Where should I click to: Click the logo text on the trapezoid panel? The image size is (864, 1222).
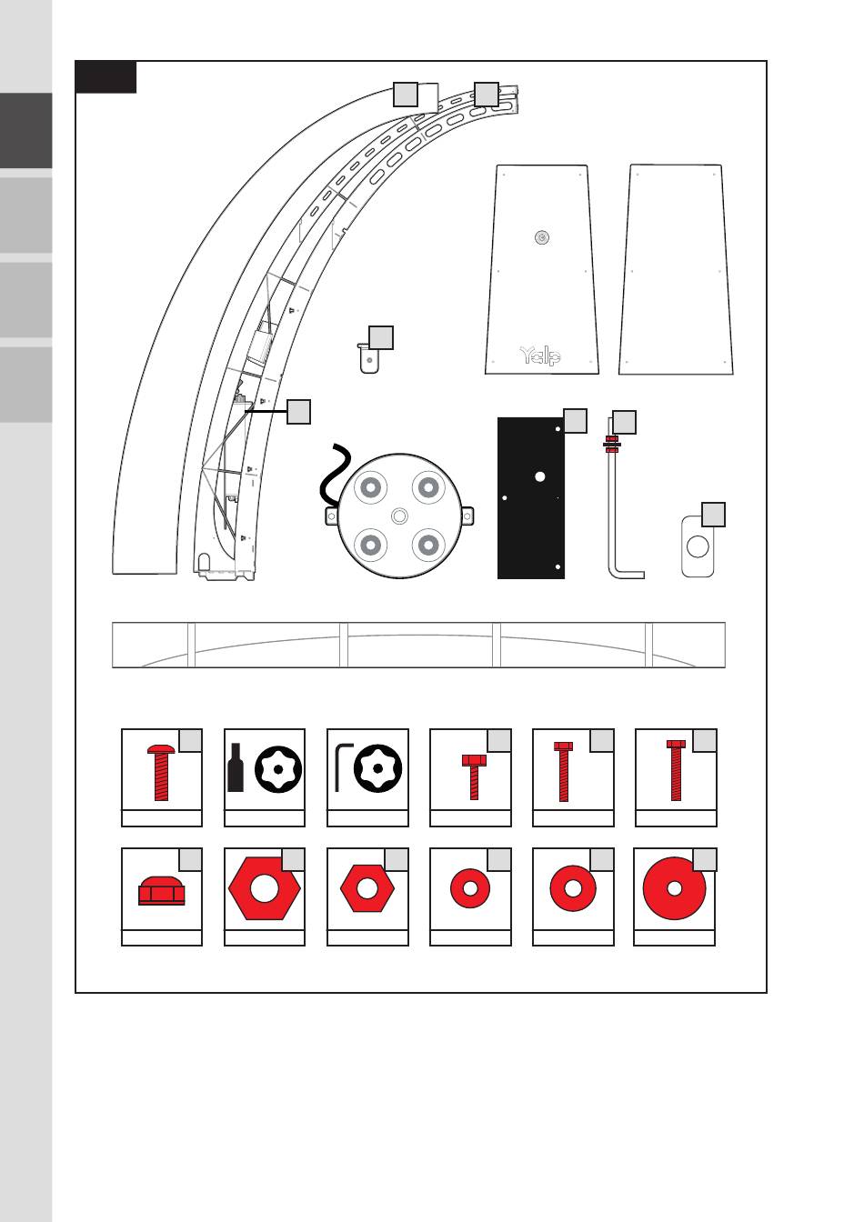coord(540,355)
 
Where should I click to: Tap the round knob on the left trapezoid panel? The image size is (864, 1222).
coord(542,237)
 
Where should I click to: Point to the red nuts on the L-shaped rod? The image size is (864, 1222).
coord(611,445)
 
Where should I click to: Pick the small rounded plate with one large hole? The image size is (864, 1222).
coord(698,546)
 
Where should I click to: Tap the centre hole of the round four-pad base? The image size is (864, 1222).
coord(398,516)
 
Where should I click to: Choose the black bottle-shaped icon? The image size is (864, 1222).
coord(236,770)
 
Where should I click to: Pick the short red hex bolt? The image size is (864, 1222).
coord(474,776)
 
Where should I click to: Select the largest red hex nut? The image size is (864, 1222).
coord(264,887)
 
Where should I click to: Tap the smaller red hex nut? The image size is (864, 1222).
coord(367,888)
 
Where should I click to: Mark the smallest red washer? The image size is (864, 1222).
coord(470,888)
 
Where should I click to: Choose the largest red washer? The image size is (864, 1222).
coord(674,888)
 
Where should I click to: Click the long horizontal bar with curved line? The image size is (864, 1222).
coord(418,645)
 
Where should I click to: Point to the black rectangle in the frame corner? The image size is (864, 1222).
coord(105,77)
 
